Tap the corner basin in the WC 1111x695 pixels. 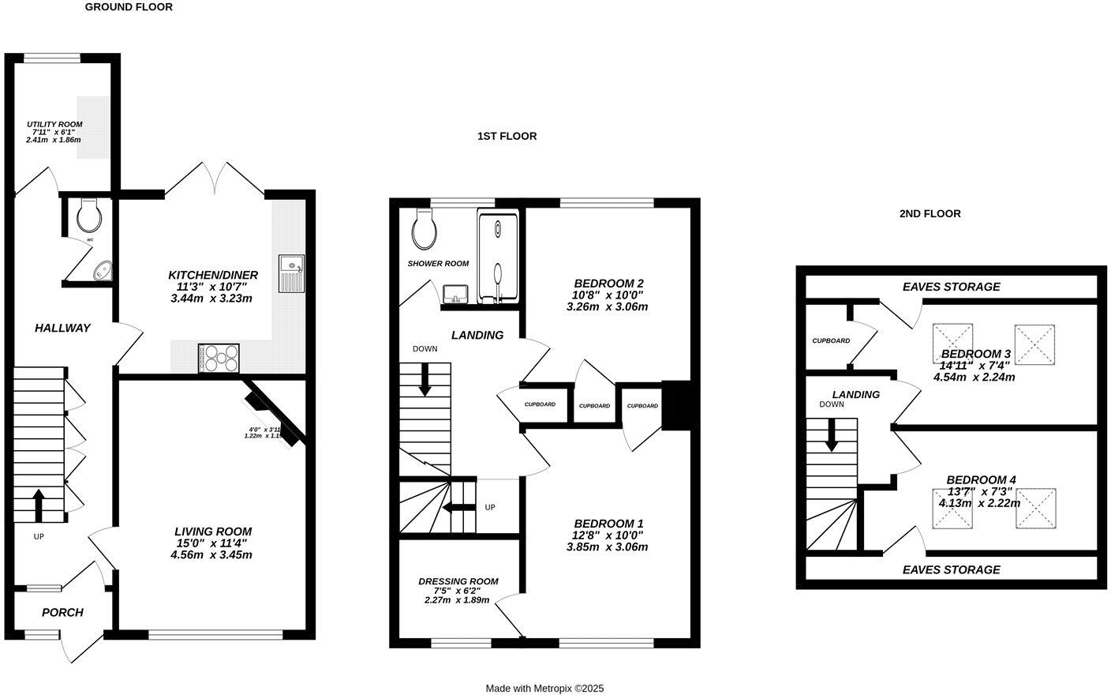103,271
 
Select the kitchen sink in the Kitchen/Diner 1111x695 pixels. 290,273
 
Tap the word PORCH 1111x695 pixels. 62,612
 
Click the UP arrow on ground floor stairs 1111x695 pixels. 38,504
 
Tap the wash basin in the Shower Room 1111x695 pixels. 455,295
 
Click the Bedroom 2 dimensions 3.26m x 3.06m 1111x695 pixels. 607,306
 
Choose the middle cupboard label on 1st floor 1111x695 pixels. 594,406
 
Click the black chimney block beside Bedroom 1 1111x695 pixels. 675,405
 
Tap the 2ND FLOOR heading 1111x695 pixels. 930,213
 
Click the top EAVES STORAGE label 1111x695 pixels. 951,287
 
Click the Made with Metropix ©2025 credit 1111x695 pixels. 544,689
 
